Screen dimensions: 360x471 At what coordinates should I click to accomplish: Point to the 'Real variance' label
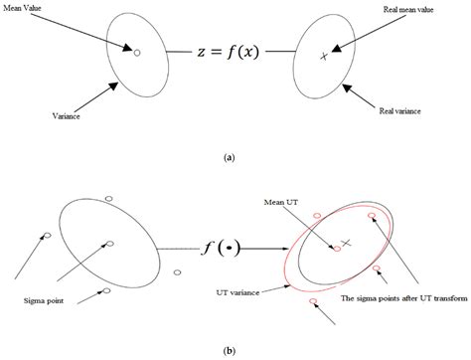[409, 113]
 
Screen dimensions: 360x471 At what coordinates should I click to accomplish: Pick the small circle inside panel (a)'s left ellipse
[137, 52]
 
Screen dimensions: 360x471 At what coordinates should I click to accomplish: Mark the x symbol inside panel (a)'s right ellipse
[323, 57]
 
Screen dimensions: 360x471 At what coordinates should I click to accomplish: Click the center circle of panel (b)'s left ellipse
[110, 243]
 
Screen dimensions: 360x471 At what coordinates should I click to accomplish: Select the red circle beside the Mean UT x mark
[337, 249]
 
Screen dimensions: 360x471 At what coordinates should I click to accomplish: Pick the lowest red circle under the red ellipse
[314, 300]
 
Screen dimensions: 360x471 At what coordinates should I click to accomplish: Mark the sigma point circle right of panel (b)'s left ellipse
[178, 270]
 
